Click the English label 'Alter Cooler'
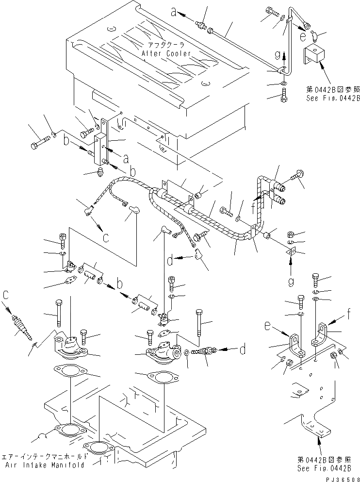(x=166, y=53)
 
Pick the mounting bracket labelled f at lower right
(x=323, y=337)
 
